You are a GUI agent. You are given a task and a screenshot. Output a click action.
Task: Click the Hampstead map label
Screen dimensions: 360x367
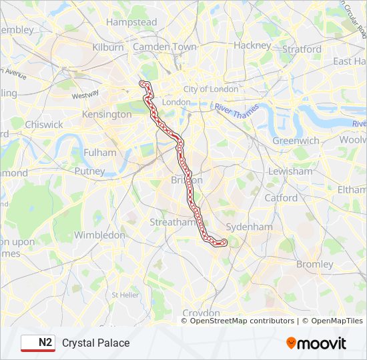pyautogui.click(x=131, y=22)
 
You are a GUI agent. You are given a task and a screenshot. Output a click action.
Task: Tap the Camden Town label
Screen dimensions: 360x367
pyautogui.click(x=165, y=47)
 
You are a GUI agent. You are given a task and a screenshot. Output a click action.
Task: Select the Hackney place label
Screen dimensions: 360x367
pyautogui.click(x=252, y=45)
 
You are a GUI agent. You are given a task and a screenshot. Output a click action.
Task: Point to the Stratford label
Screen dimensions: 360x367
pyautogui.click(x=302, y=49)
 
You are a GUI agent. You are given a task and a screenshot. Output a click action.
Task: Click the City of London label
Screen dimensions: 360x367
pyautogui.click(x=211, y=89)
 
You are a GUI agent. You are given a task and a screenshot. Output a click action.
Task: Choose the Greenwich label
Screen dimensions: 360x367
pyautogui.click(x=296, y=141)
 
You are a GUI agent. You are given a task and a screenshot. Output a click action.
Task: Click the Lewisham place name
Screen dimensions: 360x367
pyautogui.click(x=290, y=171)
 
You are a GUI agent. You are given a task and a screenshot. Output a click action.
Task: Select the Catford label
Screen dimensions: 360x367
pyautogui.click(x=281, y=198)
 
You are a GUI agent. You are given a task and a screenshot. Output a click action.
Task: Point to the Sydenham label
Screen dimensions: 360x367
pyautogui.click(x=249, y=227)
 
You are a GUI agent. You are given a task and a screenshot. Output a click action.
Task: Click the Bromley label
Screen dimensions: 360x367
pyautogui.click(x=314, y=264)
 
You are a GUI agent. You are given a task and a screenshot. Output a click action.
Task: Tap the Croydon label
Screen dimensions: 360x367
pyautogui.click(x=201, y=313)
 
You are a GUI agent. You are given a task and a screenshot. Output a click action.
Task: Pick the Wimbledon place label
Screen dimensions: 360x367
pyautogui.click(x=99, y=235)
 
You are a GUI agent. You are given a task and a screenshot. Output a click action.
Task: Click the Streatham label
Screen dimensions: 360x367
pyautogui.click(x=171, y=222)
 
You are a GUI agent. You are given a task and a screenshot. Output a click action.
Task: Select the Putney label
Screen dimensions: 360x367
pyautogui.click(x=89, y=171)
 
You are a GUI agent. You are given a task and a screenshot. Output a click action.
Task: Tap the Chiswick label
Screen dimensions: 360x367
pyautogui.click(x=44, y=125)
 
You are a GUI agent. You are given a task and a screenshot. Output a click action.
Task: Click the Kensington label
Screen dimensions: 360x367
pyautogui.click(x=106, y=115)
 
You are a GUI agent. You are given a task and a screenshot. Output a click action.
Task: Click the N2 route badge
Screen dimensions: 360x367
pyautogui.click(x=38, y=343)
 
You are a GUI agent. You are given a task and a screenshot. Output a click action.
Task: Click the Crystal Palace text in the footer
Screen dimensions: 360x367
pyautogui.click(x=95, y=343)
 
